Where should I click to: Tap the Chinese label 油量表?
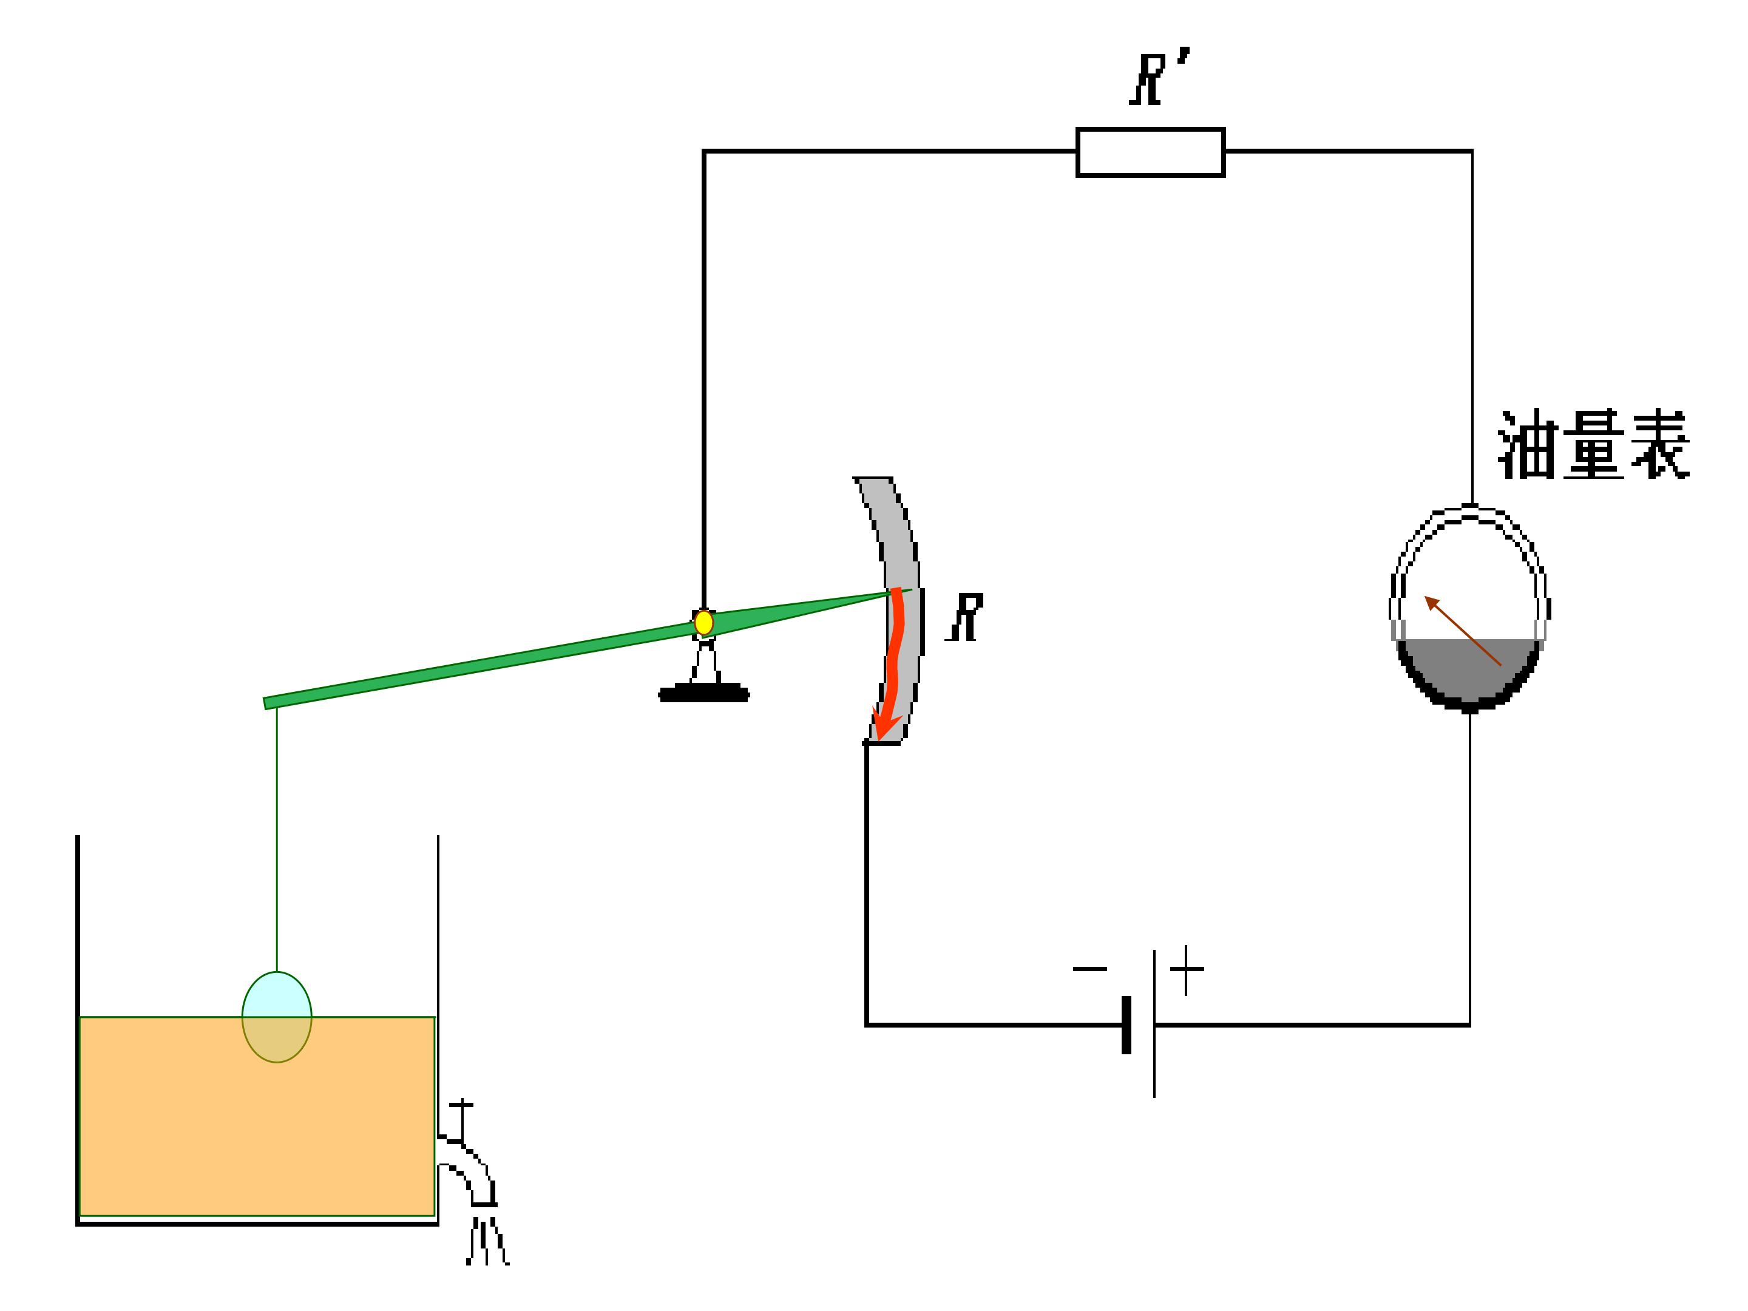click(1593, 445)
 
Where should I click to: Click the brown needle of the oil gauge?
click(1463, 631)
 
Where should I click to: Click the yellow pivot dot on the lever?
click(703, 623)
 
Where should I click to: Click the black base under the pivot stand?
click(704, 693)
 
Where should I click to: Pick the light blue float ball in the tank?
click(277, 1017)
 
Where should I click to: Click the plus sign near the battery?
click(1186, 969)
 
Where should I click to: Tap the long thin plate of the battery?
click(1154, 1023)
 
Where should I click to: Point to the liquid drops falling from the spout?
click(487, 1241)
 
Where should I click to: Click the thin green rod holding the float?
click(277, 839)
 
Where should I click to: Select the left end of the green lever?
click(265, 703)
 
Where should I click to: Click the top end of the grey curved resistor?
click(873, 479)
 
